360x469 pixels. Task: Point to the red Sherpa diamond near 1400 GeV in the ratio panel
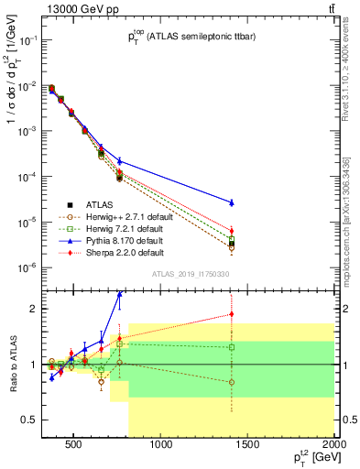click(x=232, y=314)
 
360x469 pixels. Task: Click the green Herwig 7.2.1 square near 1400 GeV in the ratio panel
click(x=232, y=347)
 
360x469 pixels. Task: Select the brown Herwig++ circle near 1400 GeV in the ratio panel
click(x=232, y=382)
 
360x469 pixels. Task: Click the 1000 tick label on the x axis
click(x=161, y=446)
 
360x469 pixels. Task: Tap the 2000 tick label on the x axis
click(x=333, y=446)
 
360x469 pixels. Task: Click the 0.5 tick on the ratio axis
click(x=33, y=420)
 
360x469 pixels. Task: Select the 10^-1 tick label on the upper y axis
click(x=30, y=40)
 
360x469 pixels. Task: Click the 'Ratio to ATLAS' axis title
click(x=11, y=365)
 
